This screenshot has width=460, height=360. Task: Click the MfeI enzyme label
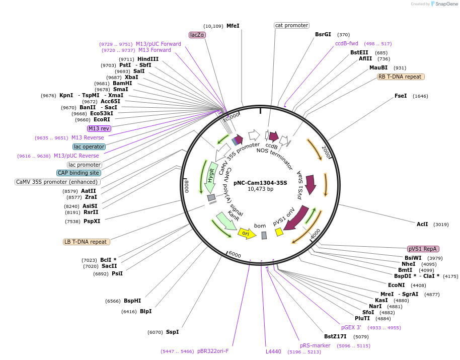coord(233,26)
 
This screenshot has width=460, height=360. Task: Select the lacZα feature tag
coord(197,35)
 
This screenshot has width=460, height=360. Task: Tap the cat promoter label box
coord(291,25)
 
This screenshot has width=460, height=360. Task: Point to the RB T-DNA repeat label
coord(401,77)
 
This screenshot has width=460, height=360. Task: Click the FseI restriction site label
coord(401,96)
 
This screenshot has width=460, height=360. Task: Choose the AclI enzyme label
coord(422,224)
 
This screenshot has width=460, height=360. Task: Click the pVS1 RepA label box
coord(423,249)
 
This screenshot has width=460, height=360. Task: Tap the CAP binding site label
coord(78,173)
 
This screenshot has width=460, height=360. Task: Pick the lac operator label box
coord(89,147)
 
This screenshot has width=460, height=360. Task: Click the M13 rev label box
coord(99,128)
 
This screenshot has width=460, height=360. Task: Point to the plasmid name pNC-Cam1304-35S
coord(260,183)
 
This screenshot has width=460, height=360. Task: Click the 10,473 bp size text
coord(260,189)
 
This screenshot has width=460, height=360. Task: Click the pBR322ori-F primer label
coord(213,351)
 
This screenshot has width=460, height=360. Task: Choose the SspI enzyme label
coord(173,332)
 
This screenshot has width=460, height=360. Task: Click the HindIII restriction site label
coord(148,59)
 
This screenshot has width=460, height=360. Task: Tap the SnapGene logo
coord(444,4)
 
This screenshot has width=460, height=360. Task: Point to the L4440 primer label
coord(273,351)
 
